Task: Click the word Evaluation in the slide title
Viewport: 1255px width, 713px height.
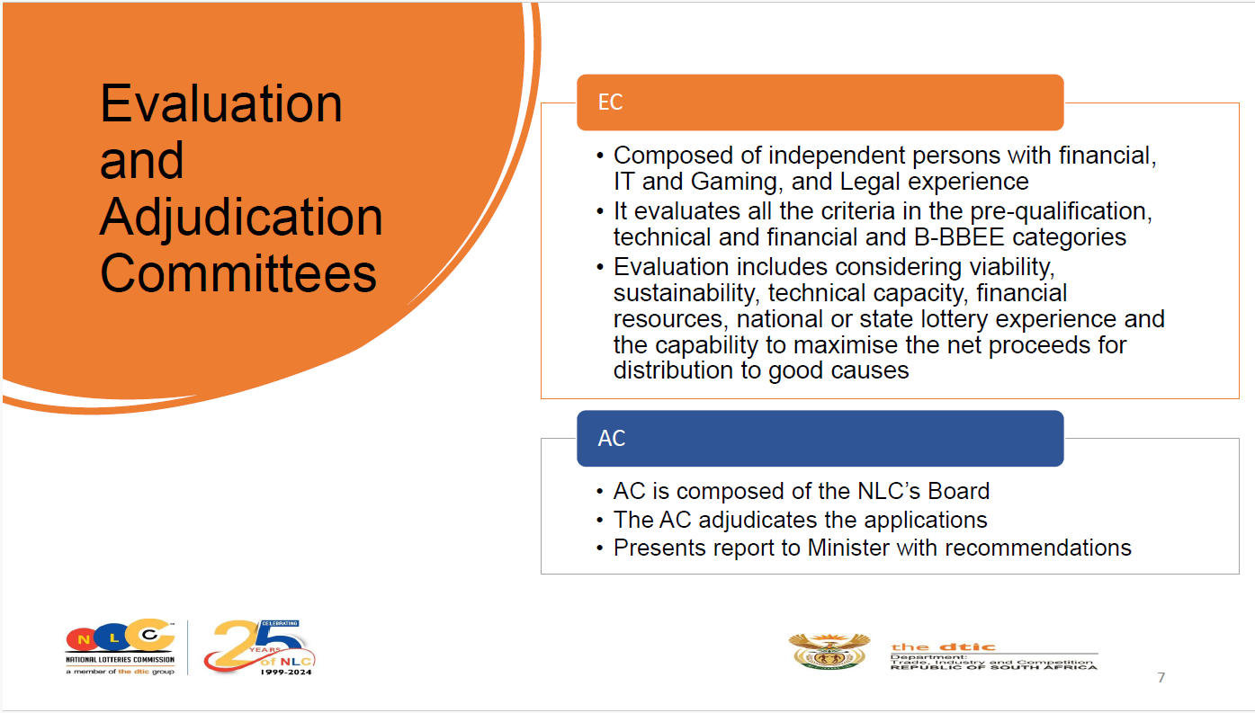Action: tap(221, 103)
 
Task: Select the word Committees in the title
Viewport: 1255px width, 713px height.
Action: tap(238, 273)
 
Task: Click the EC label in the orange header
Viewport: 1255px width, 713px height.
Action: tap(610, 102)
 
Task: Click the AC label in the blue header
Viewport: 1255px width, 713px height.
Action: tap(611, 438)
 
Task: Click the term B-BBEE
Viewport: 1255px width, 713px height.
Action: tap(959, 237)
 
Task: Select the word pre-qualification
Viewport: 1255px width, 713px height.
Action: tap(1061, 211)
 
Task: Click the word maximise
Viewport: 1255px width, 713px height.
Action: tap(846, 345)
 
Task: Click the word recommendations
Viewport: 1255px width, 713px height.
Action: tap(1038, 548)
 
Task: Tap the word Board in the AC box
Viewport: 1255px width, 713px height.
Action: tap(959, 491)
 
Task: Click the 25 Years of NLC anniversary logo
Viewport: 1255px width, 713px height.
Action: tap(259, 646)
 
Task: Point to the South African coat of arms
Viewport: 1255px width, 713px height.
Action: tap(829, 651)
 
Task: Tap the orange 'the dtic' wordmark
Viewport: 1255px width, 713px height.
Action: tap(943, 647)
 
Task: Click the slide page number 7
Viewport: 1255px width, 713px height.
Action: tap(1161, 678)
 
